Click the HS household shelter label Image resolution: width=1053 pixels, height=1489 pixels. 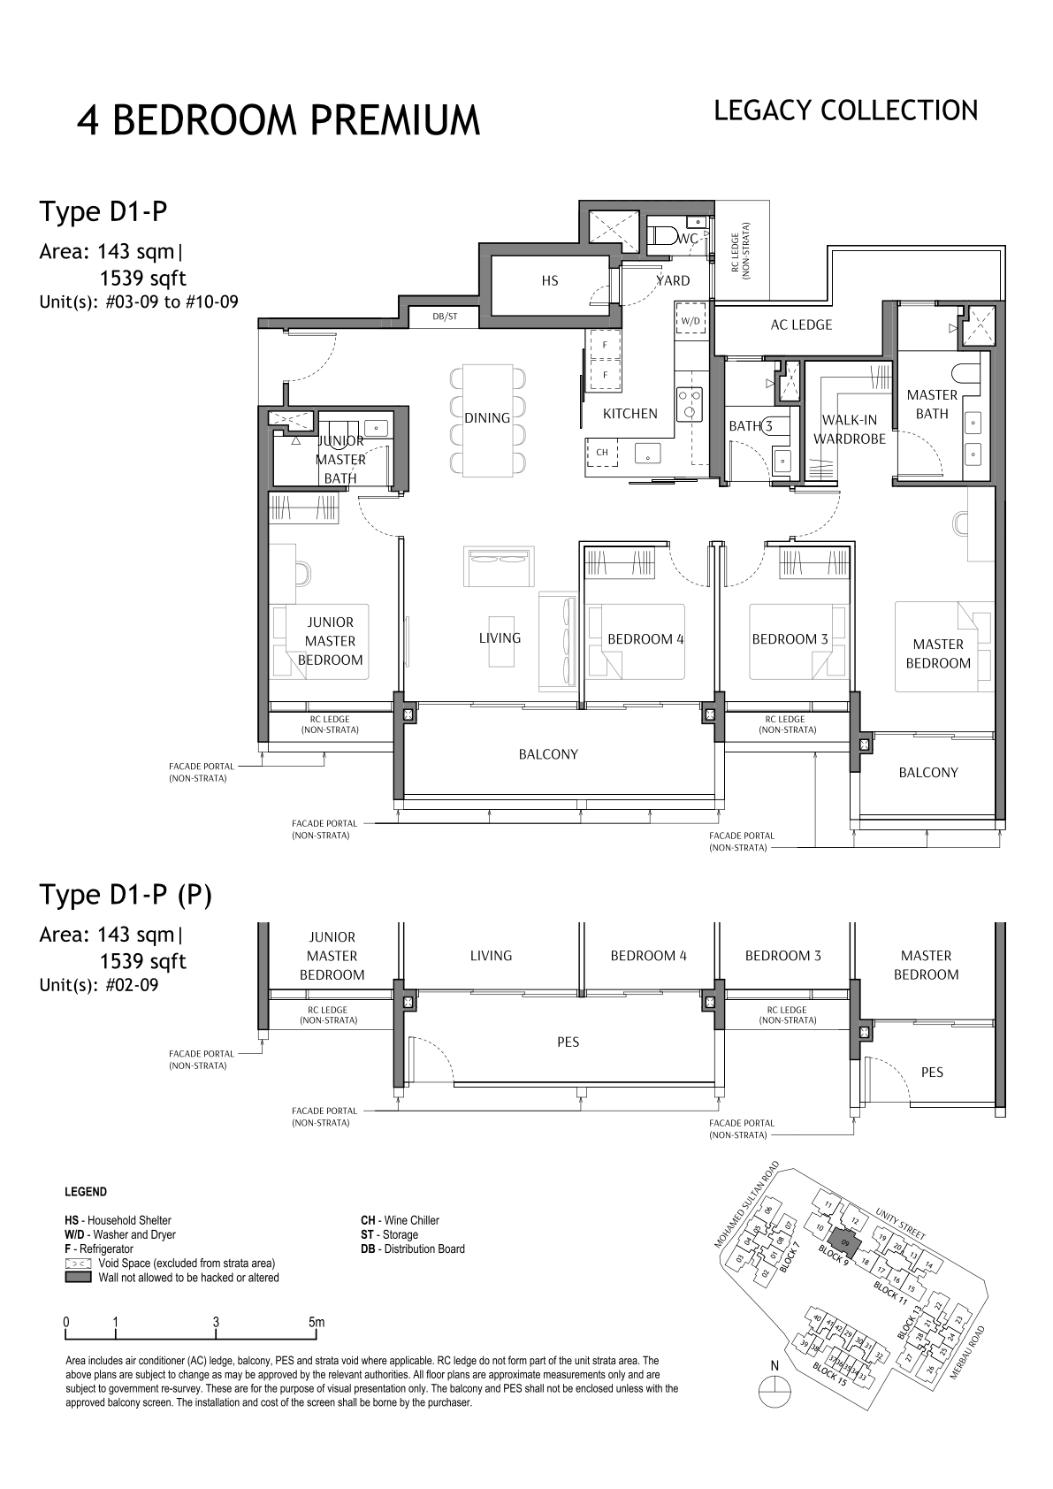tap(549, 280)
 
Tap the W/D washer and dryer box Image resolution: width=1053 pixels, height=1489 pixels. tap(691, 321)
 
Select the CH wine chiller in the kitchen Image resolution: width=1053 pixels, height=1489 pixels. tap(601, 452)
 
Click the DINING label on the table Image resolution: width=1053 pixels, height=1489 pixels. tap(487, 417)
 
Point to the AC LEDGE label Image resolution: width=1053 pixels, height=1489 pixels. tap(801, 325)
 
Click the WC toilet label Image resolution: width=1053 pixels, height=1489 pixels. tap(688, 238)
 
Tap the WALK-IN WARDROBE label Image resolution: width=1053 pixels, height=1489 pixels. tap(850, 430)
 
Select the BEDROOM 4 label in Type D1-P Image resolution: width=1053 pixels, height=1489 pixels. tap(645, 638)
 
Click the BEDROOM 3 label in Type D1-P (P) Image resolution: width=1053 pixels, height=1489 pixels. tap(783, 955)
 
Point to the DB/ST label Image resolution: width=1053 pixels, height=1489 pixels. tap(445, 317)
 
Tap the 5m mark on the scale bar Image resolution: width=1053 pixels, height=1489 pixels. tap(317, 1322)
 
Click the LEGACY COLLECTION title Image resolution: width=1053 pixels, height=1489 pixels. tap(845, 111)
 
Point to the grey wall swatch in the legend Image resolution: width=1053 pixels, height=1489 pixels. tap(78, 1277)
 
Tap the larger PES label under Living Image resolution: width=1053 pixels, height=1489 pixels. tap(568, 1042)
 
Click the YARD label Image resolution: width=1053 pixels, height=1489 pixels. tap(673, 280)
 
